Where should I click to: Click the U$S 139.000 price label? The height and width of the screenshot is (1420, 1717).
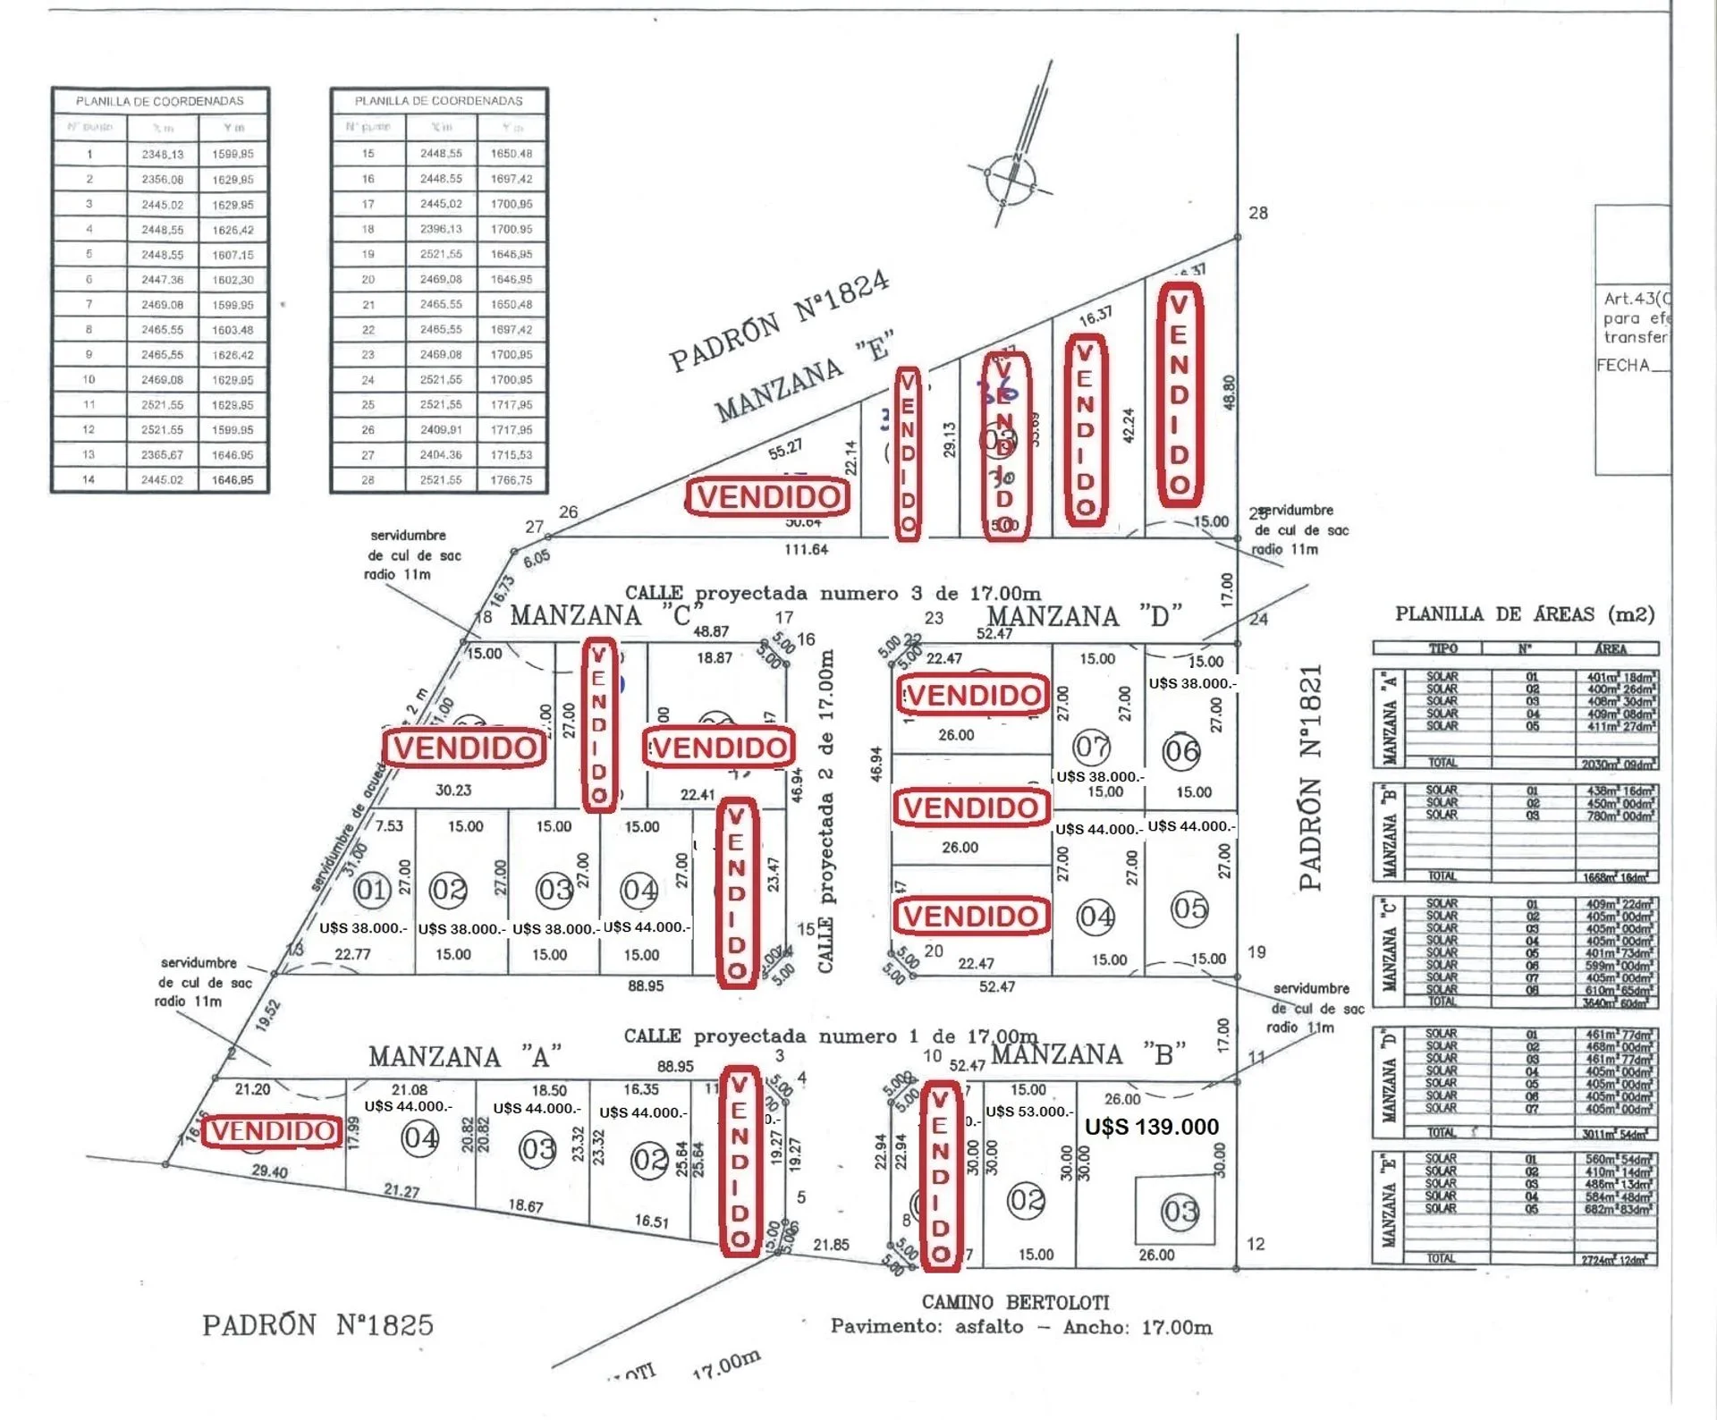(x=1151, y=1127)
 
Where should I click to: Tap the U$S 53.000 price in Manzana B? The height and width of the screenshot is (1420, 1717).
(x=1028, y=1111)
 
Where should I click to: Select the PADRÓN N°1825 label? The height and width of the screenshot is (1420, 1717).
(x=317, y=1324)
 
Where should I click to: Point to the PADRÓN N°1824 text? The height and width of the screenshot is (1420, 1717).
(x=779, y=319)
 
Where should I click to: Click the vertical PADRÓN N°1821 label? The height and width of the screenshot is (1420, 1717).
(x=1310, y=777)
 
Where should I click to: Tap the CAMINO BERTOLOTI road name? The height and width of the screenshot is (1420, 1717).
(x=1015, y=1302)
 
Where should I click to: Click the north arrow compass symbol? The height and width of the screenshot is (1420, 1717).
(x=1011, y=178)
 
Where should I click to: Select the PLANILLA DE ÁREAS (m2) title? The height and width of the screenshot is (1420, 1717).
(x=1525, y=614)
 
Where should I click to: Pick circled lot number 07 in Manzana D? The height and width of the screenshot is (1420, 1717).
(x=1092, y=746)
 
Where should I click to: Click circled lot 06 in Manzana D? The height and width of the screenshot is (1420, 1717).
(x=1181, y=751)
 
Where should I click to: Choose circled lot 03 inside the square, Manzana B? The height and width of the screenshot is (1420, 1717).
(x=1179, y=1212)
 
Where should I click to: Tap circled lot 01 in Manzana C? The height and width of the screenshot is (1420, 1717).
(x=371, y=889)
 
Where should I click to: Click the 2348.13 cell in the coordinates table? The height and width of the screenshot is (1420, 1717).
(x=162, y=154)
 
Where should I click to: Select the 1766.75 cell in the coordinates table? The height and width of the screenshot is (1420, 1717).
(x=511, y=480)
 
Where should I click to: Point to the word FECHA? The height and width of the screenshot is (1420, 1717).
(x=1622, y=365)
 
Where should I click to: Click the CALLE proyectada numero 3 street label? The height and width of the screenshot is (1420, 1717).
(x=833, y=593)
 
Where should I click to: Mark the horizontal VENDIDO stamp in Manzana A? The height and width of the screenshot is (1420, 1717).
(x=272, y=1131)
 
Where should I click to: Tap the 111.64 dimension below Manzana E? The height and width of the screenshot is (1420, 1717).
(x=806, y=549)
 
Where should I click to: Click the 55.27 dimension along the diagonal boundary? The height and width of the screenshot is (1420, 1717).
(x=784, y=449)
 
